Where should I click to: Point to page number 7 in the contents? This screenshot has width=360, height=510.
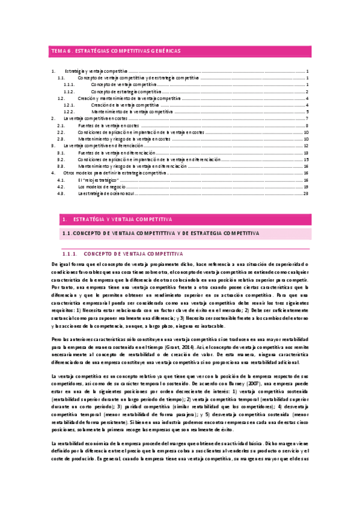[307, 118]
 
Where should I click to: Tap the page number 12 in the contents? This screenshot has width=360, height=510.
[306, 146]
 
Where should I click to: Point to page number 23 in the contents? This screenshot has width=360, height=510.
[306, 193]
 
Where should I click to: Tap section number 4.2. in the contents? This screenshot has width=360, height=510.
[61, 186]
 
